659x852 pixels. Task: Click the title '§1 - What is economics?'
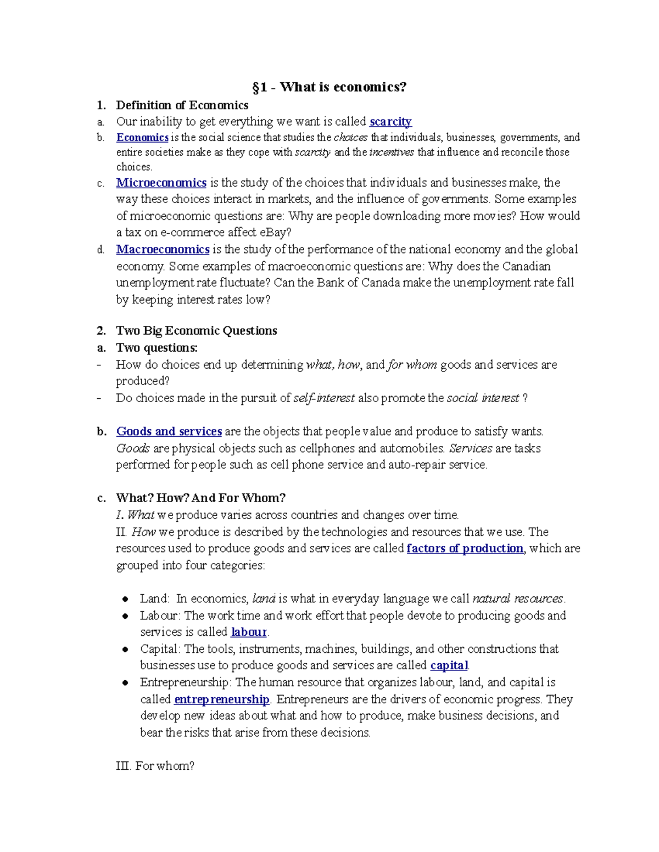click(329, 87)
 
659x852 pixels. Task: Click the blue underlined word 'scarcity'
click(390, 121)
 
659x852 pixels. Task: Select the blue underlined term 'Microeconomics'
click(161, 182)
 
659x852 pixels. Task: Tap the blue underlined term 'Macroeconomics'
click(163, 249)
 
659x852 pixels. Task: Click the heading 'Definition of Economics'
click(182, 105)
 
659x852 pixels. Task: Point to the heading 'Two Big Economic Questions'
click(196, 330)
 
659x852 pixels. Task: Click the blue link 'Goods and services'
click(169, 431)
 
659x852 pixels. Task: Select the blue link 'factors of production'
click(465, 548)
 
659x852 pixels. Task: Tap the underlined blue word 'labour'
click(248, 632)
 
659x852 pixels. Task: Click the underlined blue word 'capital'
click(449, 665)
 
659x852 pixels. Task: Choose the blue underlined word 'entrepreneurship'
click(221, 699)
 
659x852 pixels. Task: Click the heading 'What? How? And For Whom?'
click(200, 498)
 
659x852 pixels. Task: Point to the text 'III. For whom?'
click(155, 766)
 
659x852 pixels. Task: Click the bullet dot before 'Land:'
click(126, 599)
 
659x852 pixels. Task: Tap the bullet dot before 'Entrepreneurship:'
click(126, 683)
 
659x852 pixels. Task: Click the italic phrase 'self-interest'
click(324, 398)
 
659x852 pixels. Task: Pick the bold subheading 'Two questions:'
click(157, 347)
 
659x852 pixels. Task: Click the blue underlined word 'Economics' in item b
click(142, 137)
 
